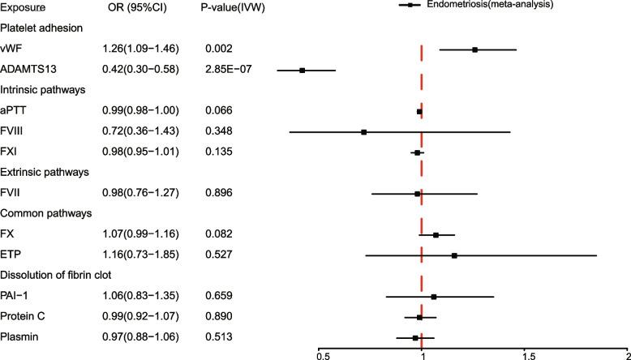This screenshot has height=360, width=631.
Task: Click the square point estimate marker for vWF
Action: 474,49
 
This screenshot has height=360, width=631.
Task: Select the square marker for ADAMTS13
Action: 302,70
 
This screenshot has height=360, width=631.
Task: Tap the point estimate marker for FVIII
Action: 363,131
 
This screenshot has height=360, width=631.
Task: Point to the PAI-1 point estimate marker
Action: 434,297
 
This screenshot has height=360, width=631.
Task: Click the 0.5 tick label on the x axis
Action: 322,354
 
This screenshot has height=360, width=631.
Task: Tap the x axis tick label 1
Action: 422,354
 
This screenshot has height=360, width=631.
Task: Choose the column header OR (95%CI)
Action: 138,7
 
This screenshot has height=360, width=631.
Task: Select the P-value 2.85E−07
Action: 230,70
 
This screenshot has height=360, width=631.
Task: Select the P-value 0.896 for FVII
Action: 221,193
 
